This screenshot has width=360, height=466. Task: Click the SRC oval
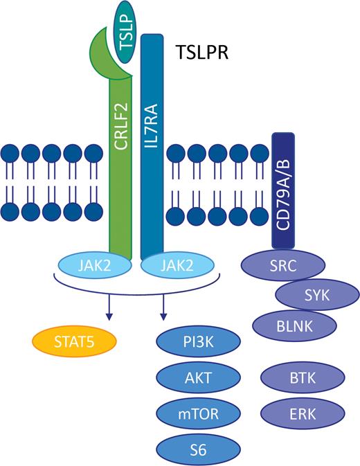281,266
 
